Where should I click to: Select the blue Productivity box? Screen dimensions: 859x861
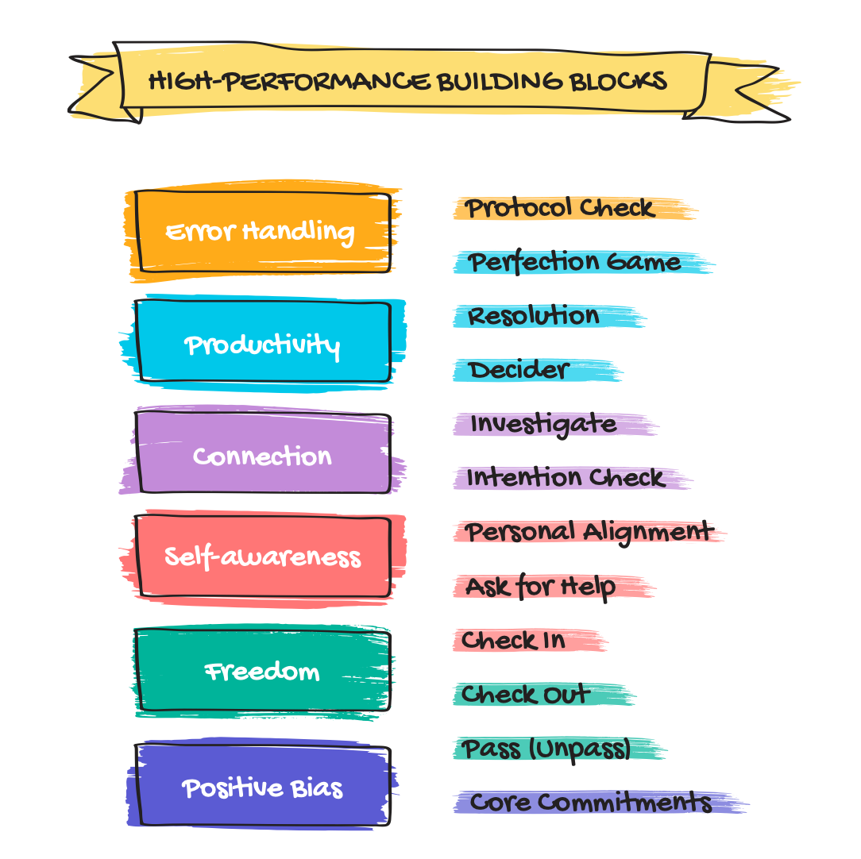(262, 345)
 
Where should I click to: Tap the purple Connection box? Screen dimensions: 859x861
(262, 456)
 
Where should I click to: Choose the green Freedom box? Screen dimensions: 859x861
(262, 672)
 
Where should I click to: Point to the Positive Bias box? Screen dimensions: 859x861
(262, 788)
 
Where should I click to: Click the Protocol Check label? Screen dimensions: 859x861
(560, 208)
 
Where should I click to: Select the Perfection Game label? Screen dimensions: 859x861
(573, 262)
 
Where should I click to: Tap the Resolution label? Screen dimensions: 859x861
(534, 316)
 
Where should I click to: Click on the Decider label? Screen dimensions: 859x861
(518, 370)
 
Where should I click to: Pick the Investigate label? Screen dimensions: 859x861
(543, 425)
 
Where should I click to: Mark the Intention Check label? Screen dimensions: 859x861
(565, 478)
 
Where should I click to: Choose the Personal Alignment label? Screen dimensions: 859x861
(589, 532)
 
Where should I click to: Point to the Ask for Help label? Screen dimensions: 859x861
(540, 587)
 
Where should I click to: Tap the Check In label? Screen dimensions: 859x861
(513, 641)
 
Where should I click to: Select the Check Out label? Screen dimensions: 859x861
(525, 695)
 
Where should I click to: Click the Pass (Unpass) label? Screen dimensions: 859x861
(546, 749)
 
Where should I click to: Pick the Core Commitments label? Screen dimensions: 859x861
(590, 802)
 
